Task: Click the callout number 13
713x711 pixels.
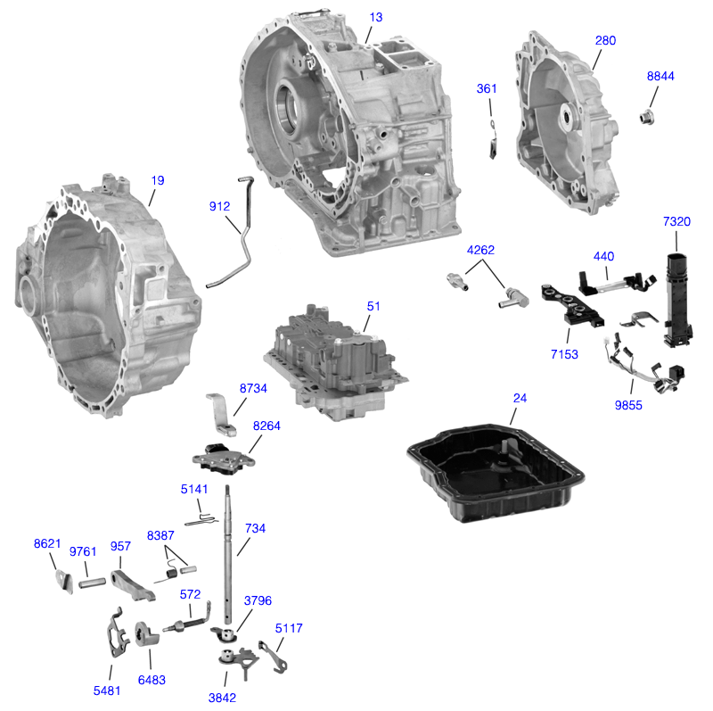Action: pos(375,17)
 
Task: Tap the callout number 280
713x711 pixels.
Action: pos(605,41)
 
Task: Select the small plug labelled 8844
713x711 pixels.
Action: pos(649,116)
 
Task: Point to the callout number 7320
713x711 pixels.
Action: pos(676,221)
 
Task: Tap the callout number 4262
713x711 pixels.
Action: pos(481,252)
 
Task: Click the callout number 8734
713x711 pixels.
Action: pos(253,389)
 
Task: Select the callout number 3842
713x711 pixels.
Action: pos(222,698)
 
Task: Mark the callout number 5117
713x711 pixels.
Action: pos(289,629)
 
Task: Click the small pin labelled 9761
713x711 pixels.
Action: pos(93,584)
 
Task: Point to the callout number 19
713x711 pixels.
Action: pos(157,180)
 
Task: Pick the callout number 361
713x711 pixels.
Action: pos(487,88)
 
